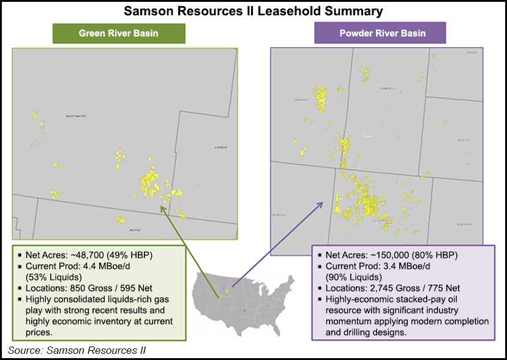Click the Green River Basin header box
coord(118,33)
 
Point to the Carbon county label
coord(220,148)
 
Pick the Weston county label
coord(464,140)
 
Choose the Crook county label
coord(471,53)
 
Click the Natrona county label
coord(279,215)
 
